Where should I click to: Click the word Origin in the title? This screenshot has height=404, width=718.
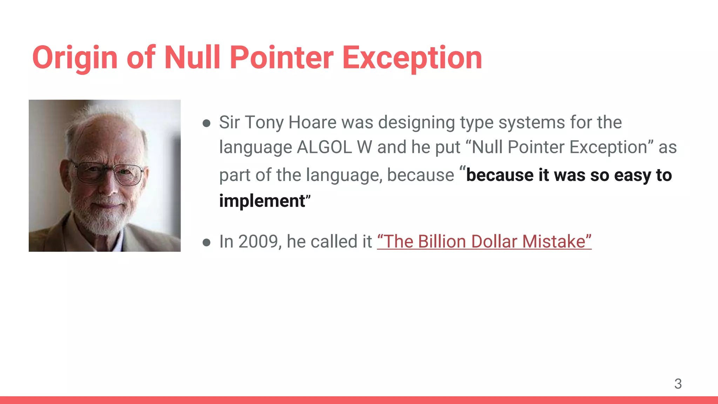75,58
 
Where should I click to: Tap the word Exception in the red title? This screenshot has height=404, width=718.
412,58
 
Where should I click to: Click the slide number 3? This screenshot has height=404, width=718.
678,384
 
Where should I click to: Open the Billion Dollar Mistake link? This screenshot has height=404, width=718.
484,242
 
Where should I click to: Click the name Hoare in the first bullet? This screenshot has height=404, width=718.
312,122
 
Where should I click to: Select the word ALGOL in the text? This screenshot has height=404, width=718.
324,147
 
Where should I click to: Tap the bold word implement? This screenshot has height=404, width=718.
262,201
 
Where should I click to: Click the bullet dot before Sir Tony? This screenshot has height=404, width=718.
206,123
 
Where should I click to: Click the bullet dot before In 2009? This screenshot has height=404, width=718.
206,242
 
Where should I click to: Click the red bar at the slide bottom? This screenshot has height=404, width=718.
359,400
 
